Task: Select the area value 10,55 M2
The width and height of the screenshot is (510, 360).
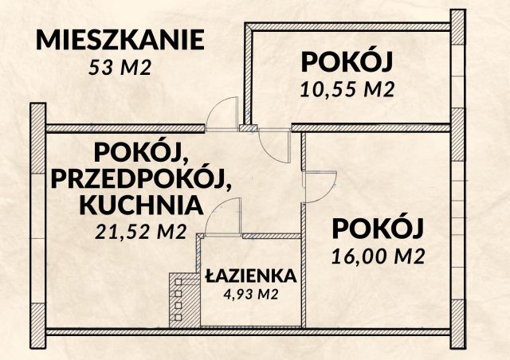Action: pos(348,88)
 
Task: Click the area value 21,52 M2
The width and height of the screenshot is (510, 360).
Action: pos(140,232)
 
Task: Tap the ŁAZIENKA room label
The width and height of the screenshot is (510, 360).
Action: pos(250,276)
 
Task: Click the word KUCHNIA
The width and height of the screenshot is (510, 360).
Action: pos(140,205)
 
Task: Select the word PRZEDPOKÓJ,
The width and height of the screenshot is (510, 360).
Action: pos(142,178)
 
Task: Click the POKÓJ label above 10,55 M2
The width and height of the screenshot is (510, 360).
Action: pos(348,62)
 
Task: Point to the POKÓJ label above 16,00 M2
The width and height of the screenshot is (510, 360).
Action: pos(376,229)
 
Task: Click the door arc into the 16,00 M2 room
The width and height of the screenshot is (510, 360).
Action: pos(322,187)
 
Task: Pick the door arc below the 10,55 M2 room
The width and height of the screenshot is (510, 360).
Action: pos(273,145)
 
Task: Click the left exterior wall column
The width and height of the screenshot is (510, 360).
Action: pos(37,215)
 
